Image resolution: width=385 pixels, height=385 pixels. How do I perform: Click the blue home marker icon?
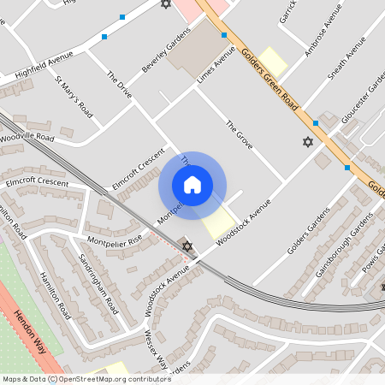192,185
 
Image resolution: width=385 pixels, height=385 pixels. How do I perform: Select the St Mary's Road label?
74,97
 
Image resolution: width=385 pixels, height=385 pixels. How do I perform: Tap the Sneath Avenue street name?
348,57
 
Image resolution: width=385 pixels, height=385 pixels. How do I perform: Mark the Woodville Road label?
27,138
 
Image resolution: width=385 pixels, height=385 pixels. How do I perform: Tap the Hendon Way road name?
34,334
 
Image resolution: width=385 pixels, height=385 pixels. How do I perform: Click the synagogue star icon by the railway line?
187,246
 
